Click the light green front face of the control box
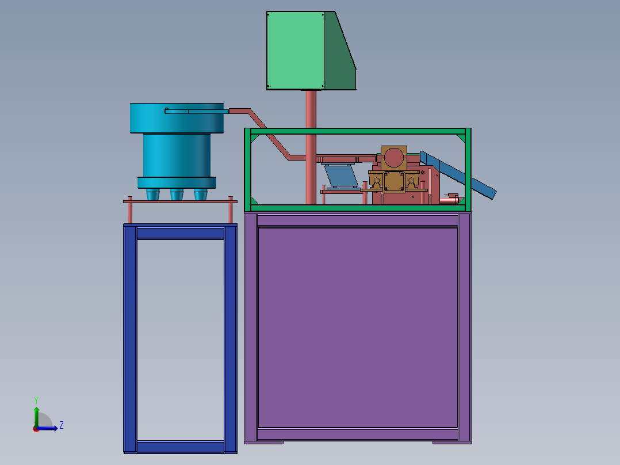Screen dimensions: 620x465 (296, 50)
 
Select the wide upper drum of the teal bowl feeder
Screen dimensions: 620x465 (177, 118)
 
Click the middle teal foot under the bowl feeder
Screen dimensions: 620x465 (177, 195)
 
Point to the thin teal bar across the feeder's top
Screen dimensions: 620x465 (197, 111)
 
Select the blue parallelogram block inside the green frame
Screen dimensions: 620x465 (341, 176)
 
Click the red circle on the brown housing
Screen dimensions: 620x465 (394, 158)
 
